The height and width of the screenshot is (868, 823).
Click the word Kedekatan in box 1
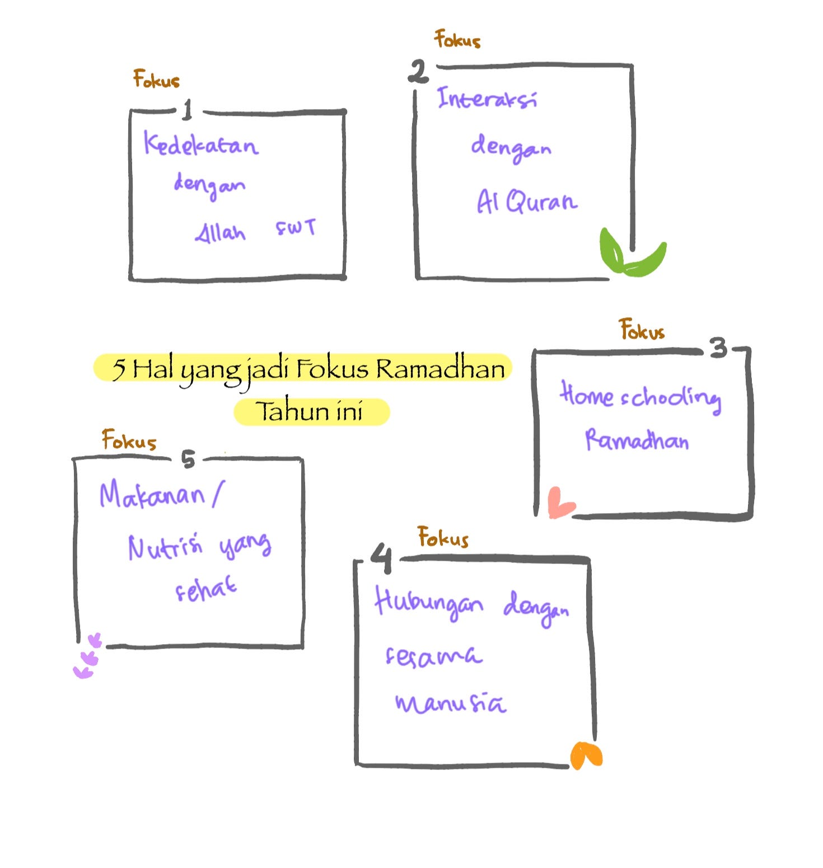click(x=200, y=143)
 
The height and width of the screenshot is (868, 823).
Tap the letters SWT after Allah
click(x=296, y=228)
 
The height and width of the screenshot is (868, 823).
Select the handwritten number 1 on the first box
click(x=188, y=109)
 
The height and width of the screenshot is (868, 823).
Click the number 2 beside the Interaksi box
click(x=418, y=72)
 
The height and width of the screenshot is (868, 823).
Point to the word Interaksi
click(x=487, y=98)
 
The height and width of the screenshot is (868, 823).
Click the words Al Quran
click(x=526, y=201)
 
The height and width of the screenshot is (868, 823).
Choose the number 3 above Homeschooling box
click(x=719, y=348)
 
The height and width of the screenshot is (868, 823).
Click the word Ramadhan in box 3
click(x=637, y=440)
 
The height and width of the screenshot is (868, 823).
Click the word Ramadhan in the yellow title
click(x=440, y=369)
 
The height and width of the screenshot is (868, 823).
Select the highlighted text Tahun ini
click(x=310, y=411)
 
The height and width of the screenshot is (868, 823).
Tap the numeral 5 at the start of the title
click(x=119, y=369)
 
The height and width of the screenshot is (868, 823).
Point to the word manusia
click(x=451, y=703)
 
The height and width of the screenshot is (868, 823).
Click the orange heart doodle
click(x=586, y=755)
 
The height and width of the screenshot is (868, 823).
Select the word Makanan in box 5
click(x=152, y=495)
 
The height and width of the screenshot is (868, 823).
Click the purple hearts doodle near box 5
click(x=87, y=657)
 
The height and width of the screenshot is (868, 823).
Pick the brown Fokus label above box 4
click(x=443, y=537)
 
